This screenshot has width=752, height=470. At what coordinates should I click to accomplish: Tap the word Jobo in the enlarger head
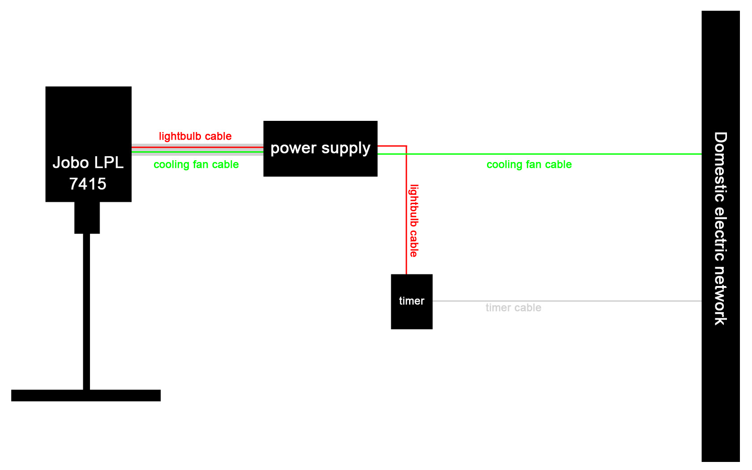tap(71, 162)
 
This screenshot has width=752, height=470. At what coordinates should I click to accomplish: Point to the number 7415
tap(88, 184)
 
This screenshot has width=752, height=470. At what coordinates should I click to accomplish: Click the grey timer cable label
tap(513, 308)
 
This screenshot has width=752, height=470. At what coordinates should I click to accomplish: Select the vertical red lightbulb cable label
tap(414, 221)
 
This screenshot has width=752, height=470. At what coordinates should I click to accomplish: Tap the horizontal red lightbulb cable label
tap(195, 137)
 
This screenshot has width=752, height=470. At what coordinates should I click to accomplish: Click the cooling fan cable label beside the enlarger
tap(196, 165)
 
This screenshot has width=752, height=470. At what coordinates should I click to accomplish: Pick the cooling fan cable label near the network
tap(529, 165)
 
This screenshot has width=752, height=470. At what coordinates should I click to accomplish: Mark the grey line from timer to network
tap(582, 301)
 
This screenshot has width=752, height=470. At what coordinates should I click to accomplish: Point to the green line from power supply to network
tap(582, 154)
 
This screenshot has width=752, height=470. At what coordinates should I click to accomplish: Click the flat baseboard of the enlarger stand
tap(86, 395)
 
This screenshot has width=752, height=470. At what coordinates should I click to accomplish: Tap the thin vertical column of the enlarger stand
tap(86, 313)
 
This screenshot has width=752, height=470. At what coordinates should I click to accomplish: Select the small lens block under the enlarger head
tap(87, 218)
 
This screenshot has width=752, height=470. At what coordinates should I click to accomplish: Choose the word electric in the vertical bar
tap(720, 233)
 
